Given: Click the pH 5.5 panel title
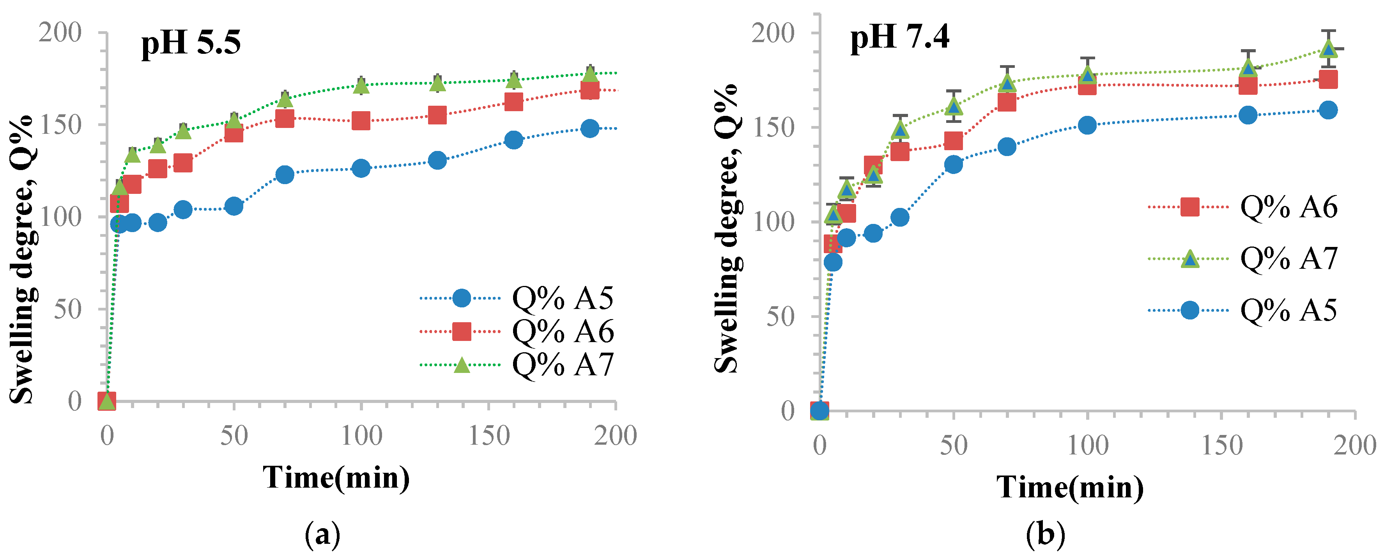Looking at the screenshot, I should click(x=191, y=43).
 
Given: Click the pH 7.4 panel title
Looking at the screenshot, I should click(x=900, y=37).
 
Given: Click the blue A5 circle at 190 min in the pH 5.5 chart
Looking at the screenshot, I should click(x=590, y=128).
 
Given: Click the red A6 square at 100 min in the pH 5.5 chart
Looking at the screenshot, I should click(x=361, y=121).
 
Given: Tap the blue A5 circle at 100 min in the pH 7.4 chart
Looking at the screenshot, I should click(x=1087, y=125).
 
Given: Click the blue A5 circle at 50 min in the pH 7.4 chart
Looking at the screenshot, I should click(x=954, y=164).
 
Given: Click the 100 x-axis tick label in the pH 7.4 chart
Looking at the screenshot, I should click(x=1087, y=445).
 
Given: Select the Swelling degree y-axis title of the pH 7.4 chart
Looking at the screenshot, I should click(x=726, y=229).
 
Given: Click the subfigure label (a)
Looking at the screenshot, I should click(x=322, y=535).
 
